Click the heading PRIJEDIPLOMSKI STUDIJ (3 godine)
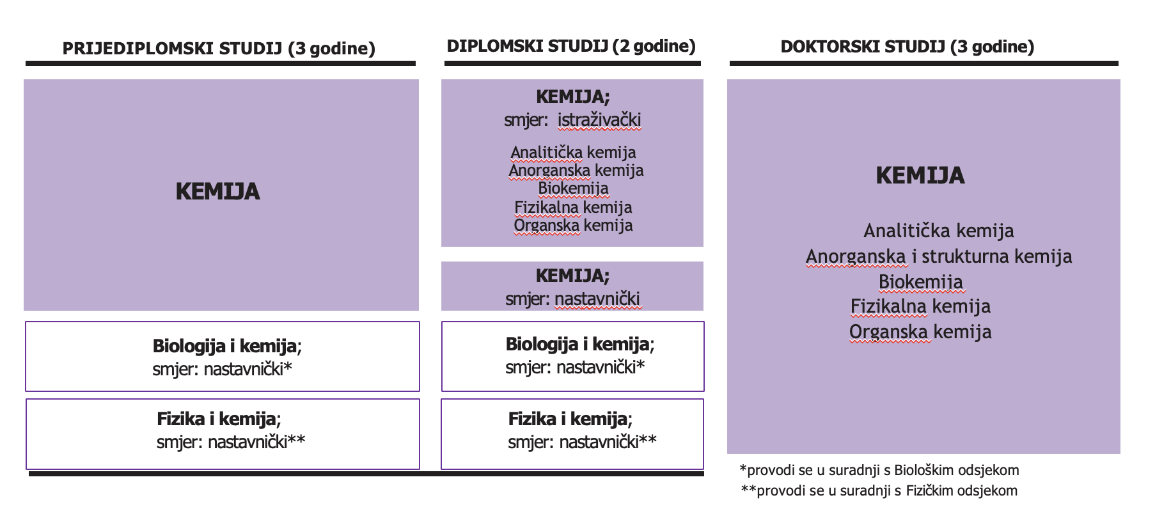click(219, 49)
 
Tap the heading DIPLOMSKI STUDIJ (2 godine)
click(571, 46)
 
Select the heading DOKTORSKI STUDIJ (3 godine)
click(907, 47)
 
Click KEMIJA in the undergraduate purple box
click(217, 192)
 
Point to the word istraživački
click(599, 120)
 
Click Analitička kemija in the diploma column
click(573, 152)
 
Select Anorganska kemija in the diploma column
click(576, 170)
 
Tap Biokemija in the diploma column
click(573, 188)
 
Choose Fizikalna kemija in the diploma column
click(573, 207)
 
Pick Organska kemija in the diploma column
click(573, 225)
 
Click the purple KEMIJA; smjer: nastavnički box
click(572, 286)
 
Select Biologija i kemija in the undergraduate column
click(224, 346)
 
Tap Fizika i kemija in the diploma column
click(568, 419)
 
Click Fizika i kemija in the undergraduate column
click(217, 419)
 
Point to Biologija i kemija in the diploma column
click(577, 344)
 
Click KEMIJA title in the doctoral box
click(920, 175)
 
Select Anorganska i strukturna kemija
click(939, 256)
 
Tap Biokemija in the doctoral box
click(920, 282)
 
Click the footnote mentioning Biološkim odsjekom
click(879, 471)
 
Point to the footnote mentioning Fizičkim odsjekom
click(879, 491)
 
